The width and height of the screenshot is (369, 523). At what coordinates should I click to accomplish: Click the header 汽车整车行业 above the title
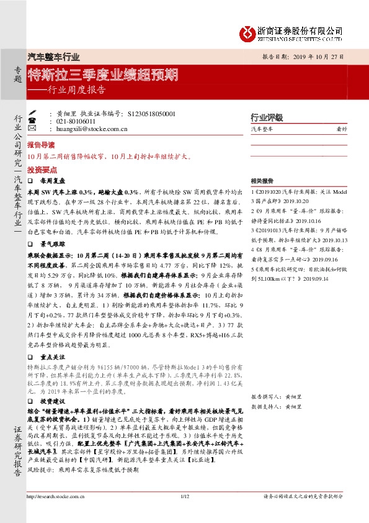point(55,56)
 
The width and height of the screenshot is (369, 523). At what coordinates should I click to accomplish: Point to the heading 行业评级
point(266,117)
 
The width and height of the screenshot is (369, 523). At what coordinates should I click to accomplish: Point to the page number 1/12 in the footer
point(184,513)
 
